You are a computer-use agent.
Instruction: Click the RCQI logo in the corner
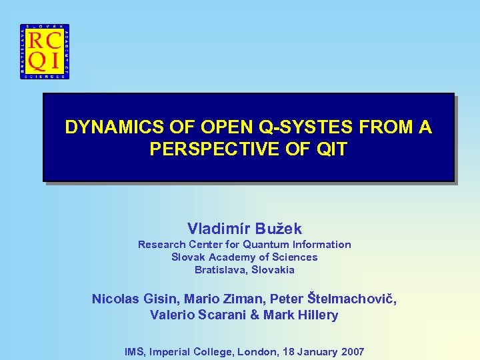[45, 51]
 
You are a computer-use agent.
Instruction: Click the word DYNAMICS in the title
[103, 127]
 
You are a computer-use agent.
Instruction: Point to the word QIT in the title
[332, 149]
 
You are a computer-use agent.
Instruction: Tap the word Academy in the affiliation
[231, 257]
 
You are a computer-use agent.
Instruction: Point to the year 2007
[352, 351]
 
